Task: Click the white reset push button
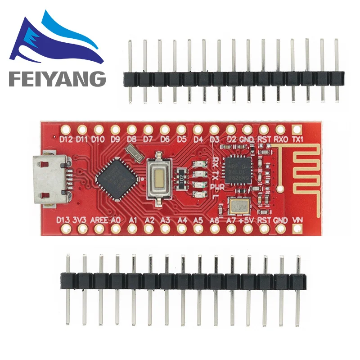tap(157, 176)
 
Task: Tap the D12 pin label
tap(66, 139)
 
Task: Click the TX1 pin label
tap(297, 139)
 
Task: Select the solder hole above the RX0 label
tap(280, 130)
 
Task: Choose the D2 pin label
tap(231, 139)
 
